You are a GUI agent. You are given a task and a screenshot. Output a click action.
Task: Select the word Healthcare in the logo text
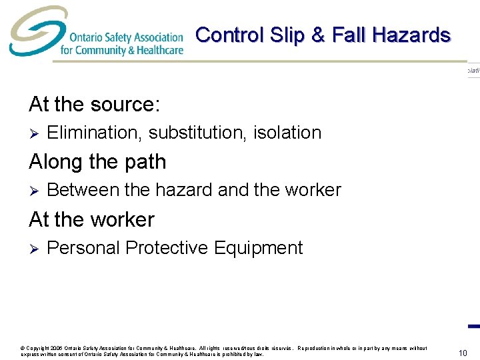point(159,50)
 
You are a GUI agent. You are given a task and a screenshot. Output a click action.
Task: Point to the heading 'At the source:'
point(94,104)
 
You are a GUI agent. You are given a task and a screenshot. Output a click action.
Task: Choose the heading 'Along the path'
point(97,161)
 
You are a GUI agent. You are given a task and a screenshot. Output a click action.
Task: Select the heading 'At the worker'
point(91,219)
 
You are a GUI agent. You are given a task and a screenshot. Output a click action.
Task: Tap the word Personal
point(84,248)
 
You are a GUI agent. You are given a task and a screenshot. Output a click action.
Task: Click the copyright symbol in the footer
point(23,348)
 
